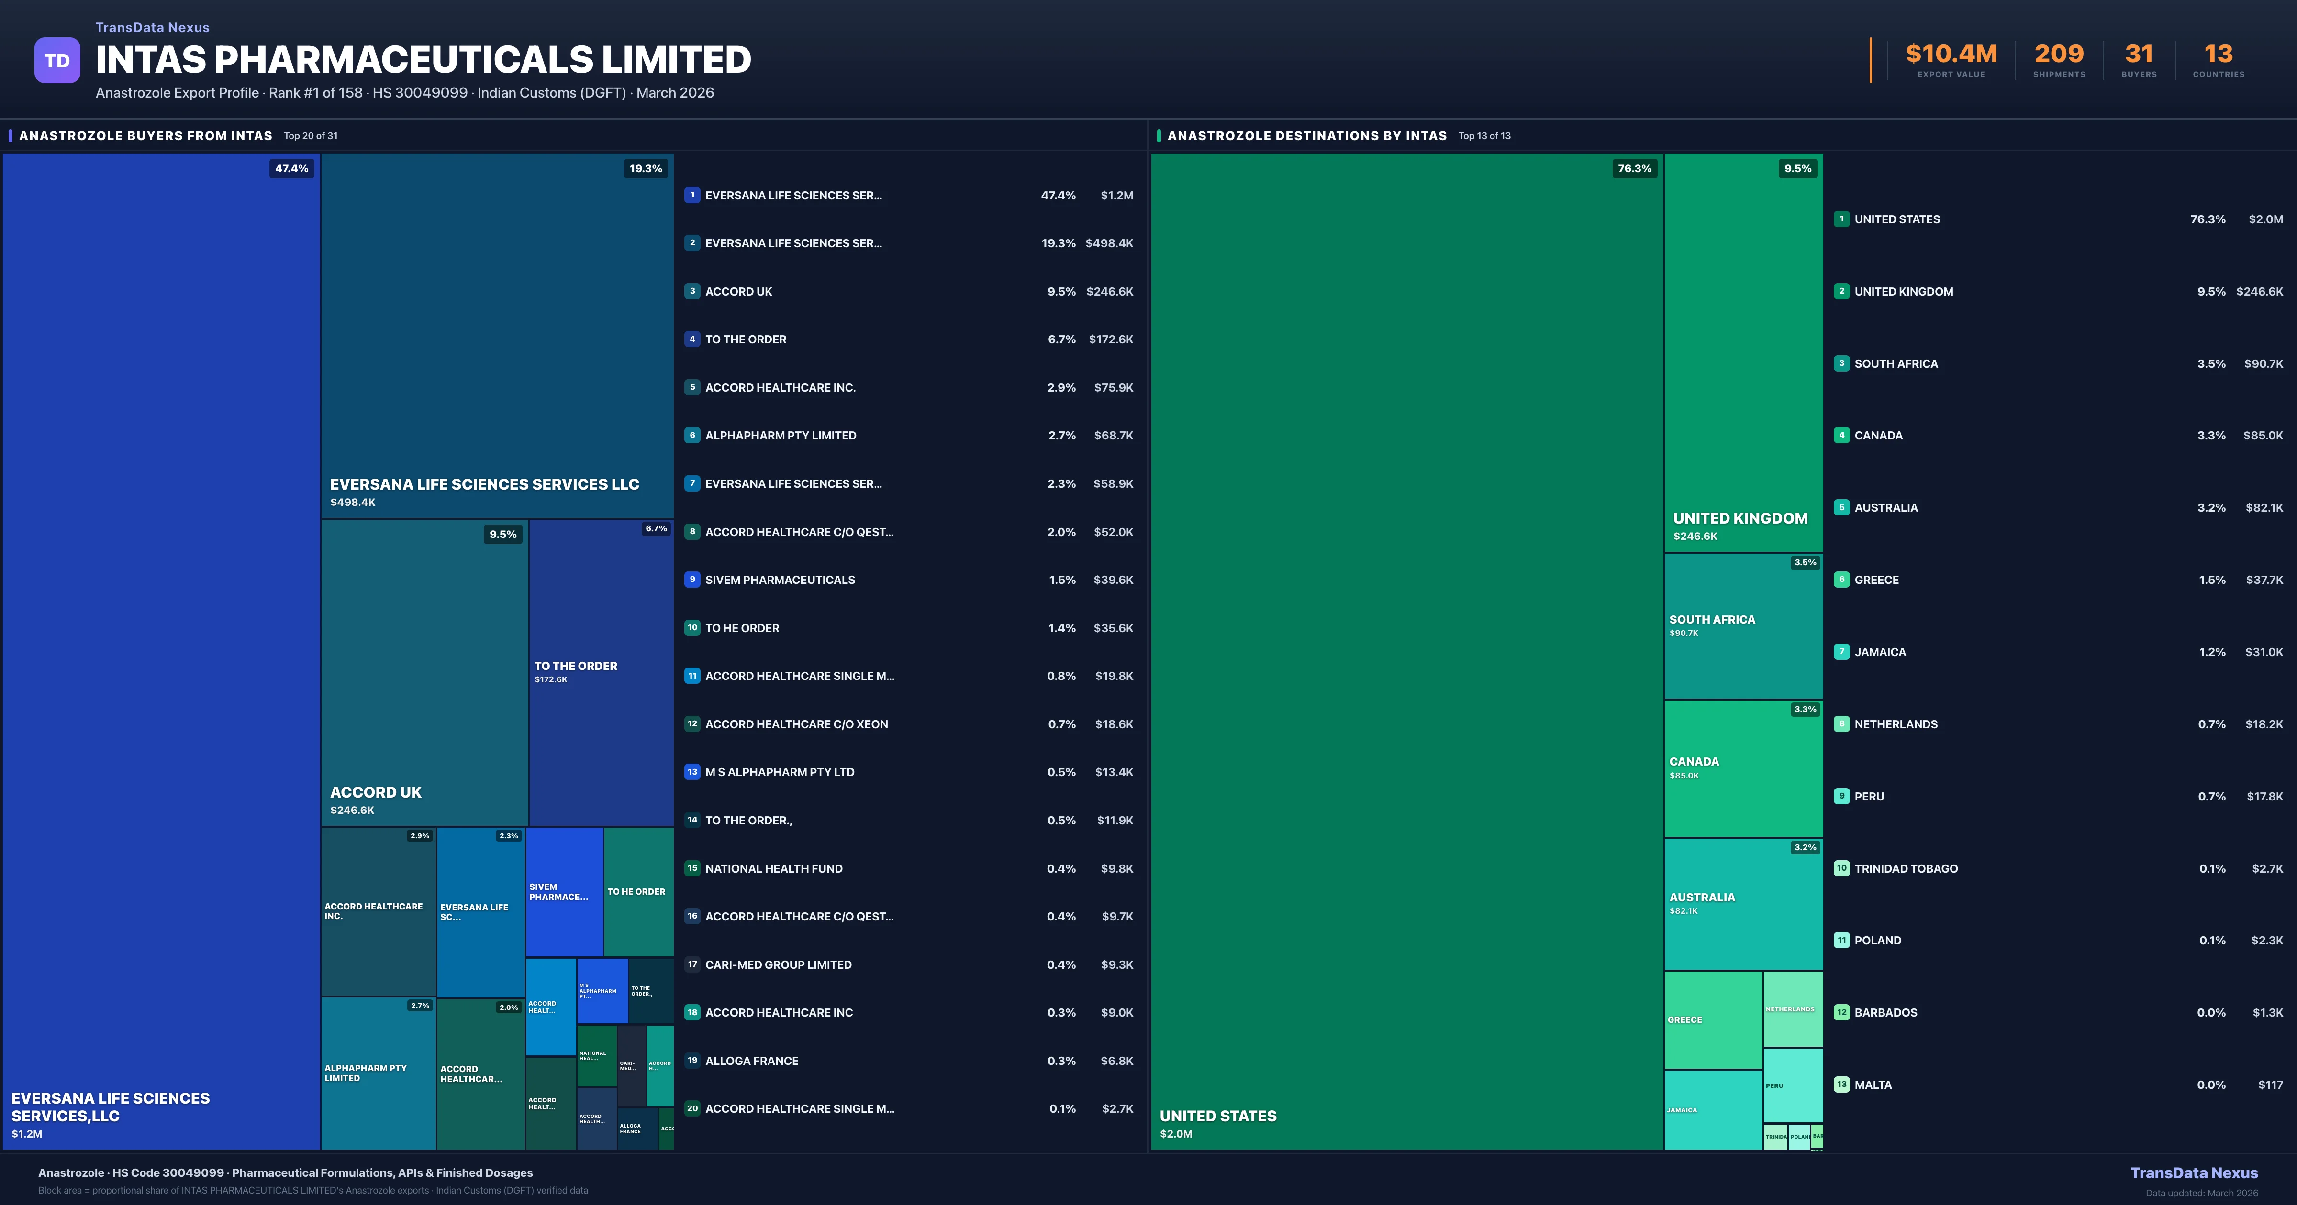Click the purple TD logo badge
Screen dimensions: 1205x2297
(x=57, y=61)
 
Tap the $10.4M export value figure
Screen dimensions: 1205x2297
(x=1951, y=55)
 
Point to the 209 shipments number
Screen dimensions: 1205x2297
(x=2059, y=55)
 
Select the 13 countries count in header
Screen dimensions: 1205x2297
(x=2219, y=55)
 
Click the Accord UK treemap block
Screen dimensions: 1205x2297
(x=424, y=673)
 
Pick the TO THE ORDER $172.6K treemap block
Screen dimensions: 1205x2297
(x=601, y=673)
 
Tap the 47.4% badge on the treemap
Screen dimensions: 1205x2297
(x=291, y=168)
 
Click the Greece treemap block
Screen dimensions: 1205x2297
(x=1712, y=1019)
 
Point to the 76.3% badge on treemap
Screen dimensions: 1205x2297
(x=1635, y=168)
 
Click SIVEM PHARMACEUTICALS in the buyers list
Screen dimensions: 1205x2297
(x=780, y=580)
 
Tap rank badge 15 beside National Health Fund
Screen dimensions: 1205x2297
(x=692, y=868)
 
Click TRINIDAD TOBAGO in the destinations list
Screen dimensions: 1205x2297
(x=1906, y=869)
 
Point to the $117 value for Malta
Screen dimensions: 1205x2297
(x=2270, y=1084)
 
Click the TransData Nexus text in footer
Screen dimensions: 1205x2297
(x=2194, y=1173)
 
